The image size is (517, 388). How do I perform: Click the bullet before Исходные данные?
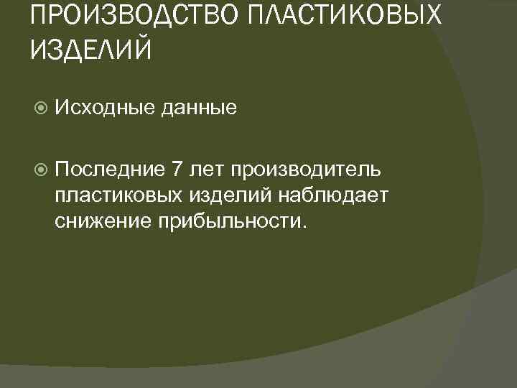tap(41, 108)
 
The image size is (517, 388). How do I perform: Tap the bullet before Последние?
tap(41, 169)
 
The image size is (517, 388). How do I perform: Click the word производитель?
tap(311, 170)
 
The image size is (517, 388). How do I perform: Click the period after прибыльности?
tap(304, 226)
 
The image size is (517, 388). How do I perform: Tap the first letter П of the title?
tap(40, 16)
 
